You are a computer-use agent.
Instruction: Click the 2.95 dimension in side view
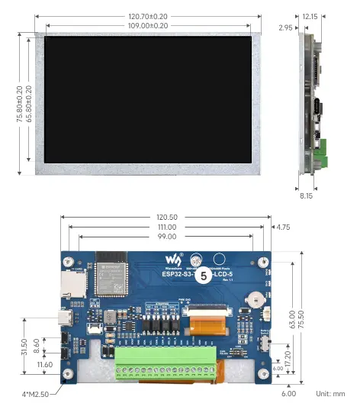pos(286,28)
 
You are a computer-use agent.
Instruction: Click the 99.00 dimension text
pos(166,237)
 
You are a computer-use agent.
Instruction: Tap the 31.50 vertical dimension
pos(24,347)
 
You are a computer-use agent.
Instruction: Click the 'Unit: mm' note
pos(329,394)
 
